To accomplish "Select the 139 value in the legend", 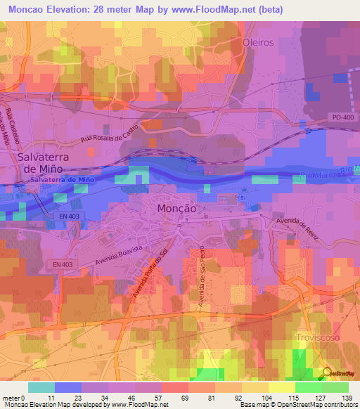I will coord(346,398).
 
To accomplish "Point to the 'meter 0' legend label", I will coord(14,398).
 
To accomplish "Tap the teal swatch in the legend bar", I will coord(41,387).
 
